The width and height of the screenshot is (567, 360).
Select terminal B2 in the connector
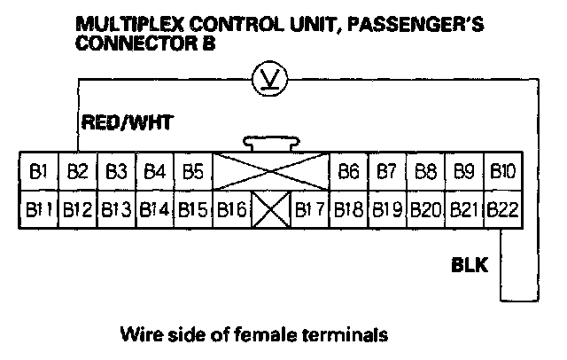77,170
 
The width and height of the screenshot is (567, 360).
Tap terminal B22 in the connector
502,211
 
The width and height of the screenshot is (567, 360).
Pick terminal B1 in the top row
38,170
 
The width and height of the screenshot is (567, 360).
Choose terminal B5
193,170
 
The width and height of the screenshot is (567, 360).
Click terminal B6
348,170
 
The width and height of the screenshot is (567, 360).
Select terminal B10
502,170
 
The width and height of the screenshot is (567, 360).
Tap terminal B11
38,211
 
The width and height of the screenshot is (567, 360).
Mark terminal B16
231,211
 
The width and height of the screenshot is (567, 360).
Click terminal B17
309,211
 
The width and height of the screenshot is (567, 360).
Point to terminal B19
386,211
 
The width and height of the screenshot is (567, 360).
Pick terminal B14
154,211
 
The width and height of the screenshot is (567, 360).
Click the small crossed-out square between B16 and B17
270,211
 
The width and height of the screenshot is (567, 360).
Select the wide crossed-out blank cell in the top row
270,170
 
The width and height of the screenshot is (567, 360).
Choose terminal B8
425,170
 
